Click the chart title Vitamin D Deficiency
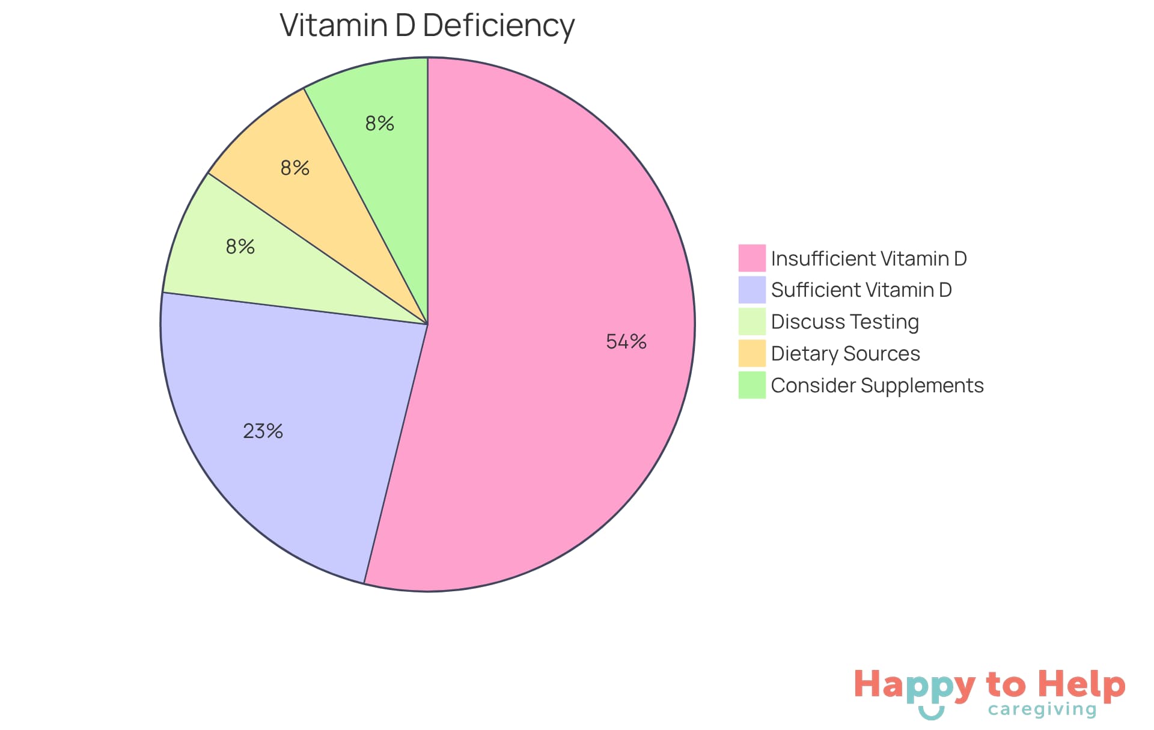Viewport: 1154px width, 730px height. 427,26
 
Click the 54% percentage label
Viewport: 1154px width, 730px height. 626,342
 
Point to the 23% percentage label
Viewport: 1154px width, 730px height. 263,431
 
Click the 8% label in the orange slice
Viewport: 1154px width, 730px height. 295,168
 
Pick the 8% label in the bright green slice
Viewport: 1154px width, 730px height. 379,124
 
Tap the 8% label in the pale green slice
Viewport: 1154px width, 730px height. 240,247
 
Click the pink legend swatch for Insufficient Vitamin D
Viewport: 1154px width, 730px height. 751,258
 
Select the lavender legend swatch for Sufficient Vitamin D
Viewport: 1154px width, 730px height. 751,290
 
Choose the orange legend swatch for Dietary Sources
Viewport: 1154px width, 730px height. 751,353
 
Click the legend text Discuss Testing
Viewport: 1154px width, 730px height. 844,322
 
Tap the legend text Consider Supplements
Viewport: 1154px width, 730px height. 877,386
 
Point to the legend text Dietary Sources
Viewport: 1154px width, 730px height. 845,354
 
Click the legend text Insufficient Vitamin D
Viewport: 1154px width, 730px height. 869,259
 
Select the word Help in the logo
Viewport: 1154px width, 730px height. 1081,685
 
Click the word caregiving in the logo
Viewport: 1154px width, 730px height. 1042,710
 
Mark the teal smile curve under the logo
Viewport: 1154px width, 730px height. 931,714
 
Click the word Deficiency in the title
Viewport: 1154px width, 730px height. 498,26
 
